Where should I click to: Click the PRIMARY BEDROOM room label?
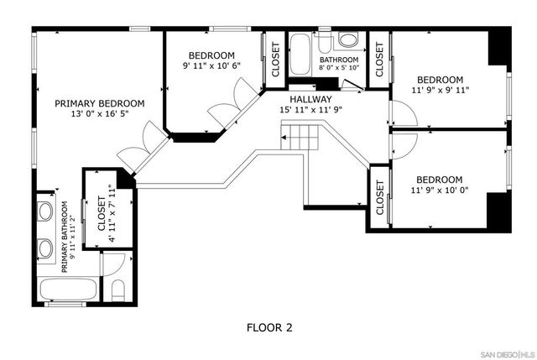pos(99,104)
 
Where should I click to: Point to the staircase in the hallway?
pos(299,136)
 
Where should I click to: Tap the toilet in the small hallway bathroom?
pos(348,39)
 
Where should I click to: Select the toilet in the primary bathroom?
pos(117,293)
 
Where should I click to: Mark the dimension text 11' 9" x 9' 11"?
pos(440,91)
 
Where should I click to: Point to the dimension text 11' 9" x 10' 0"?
pos(440,191)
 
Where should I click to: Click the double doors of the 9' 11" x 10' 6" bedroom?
pos(229,99)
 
